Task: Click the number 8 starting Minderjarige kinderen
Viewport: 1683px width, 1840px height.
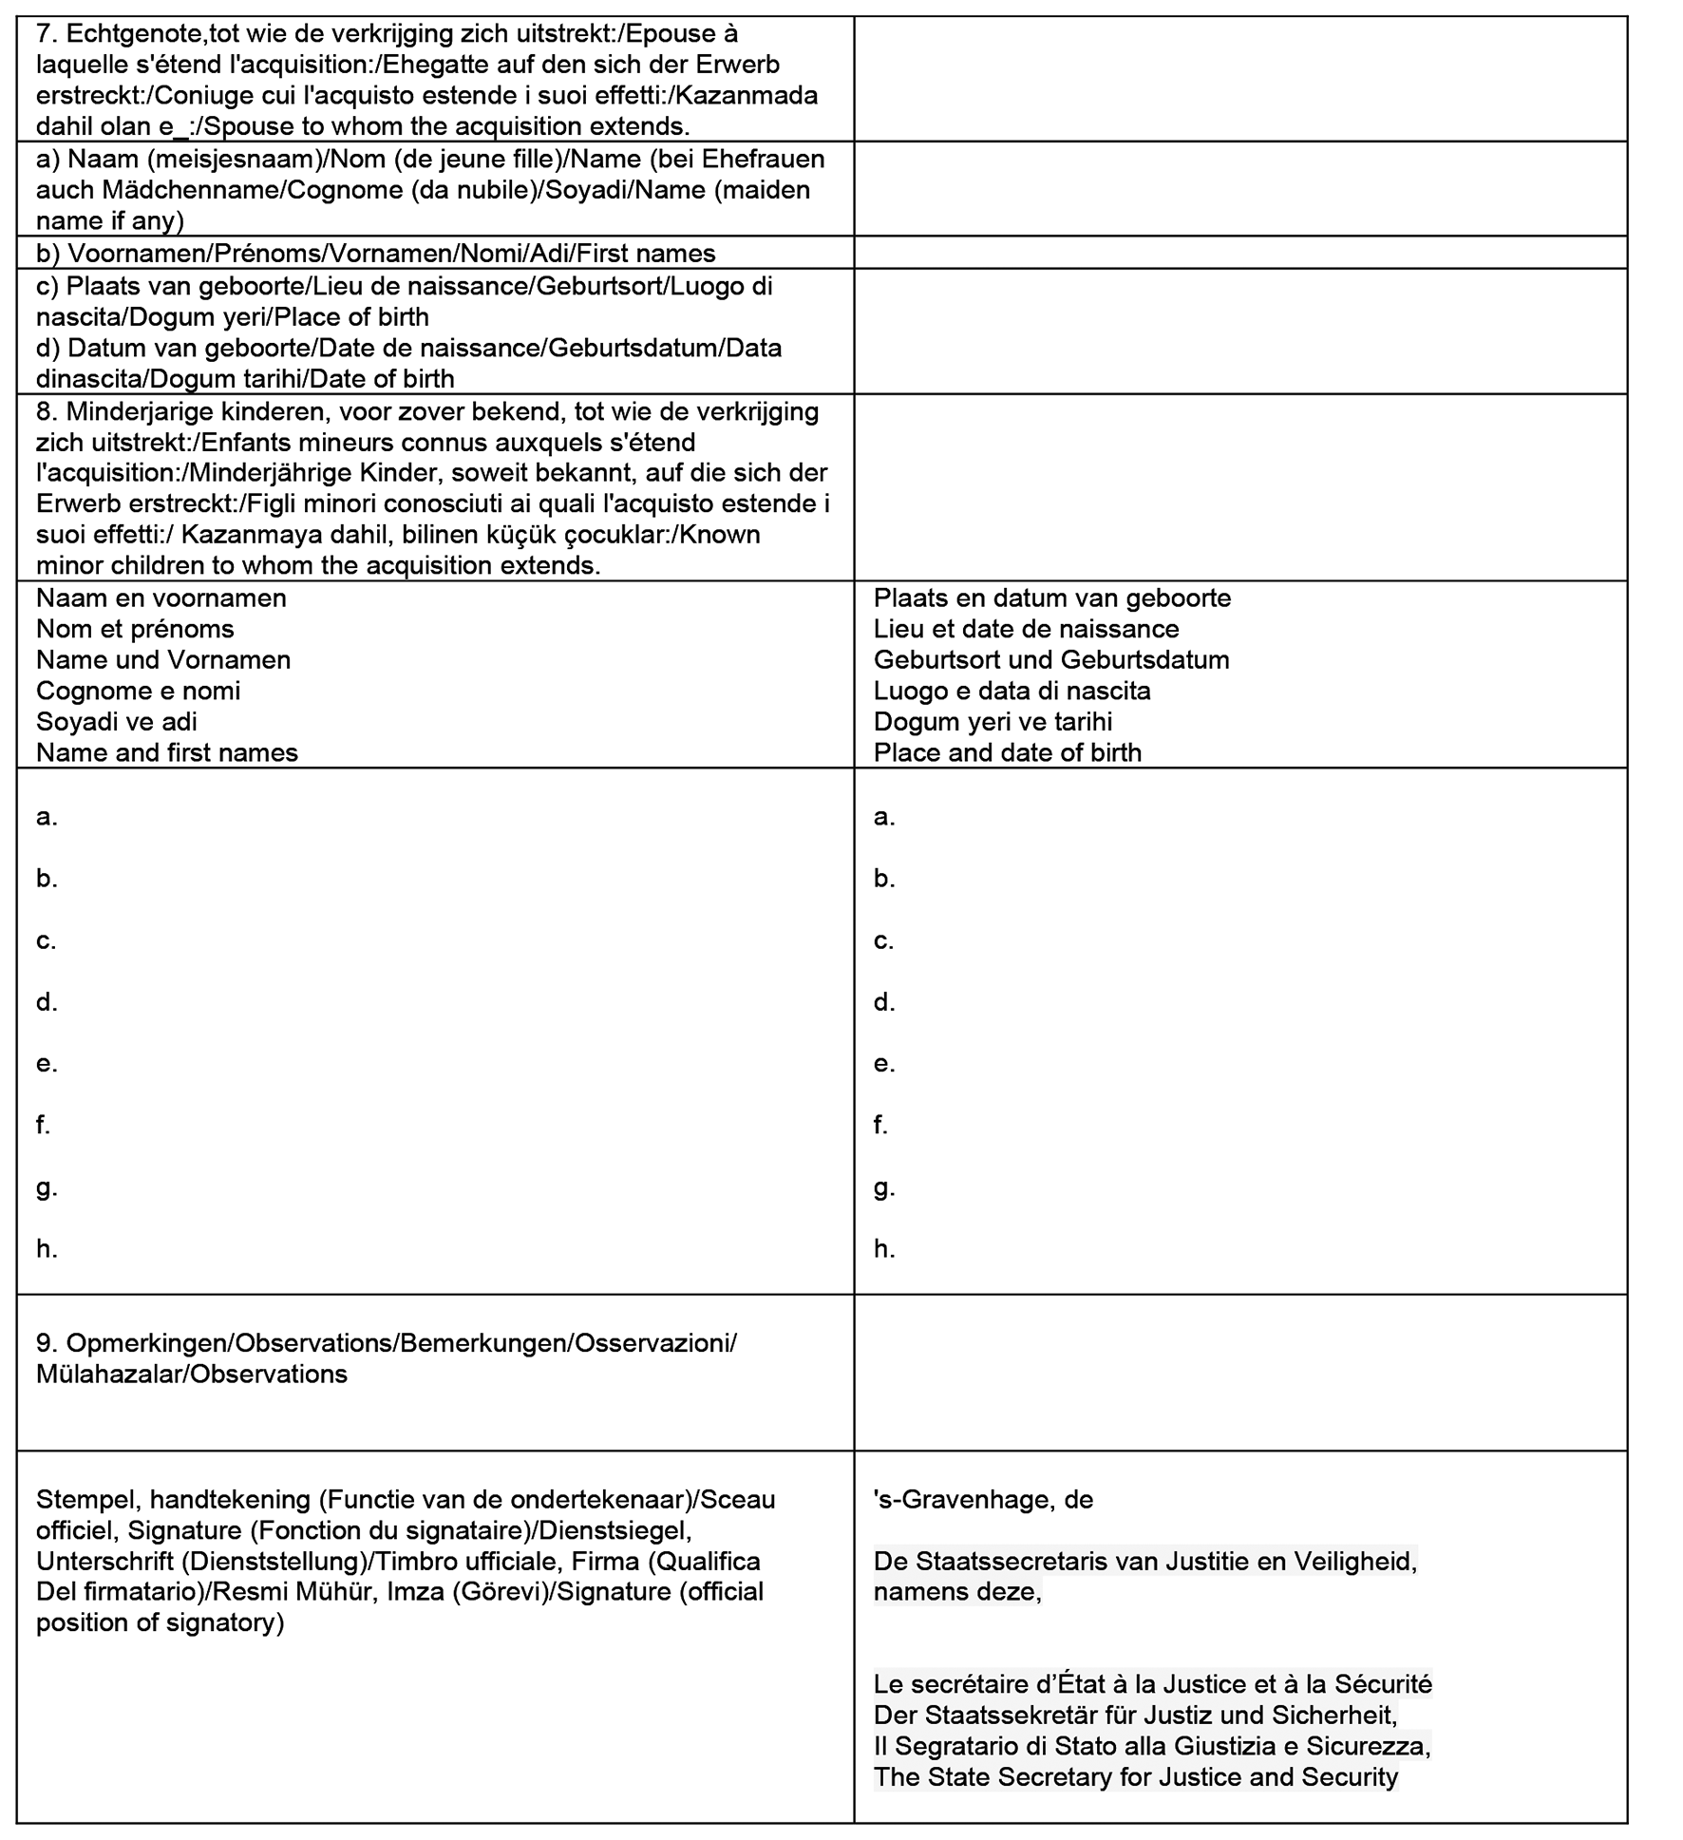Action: [x=44, y=412]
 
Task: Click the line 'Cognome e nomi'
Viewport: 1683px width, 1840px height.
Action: [x=138, y=691]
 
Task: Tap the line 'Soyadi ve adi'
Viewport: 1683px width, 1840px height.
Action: [x=117, y=722]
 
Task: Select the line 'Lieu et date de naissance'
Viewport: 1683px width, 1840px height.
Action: [x=1026, y=629]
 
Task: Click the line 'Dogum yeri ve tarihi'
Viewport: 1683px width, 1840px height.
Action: [x=993, y=722]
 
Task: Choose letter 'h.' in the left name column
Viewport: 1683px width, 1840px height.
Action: [x=47, y=1249]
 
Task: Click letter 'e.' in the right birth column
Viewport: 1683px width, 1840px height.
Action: [x=884, y=1064]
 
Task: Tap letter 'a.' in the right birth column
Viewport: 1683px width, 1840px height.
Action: [x=884, y=817]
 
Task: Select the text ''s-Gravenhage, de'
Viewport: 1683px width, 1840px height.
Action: [x=983, y=1500]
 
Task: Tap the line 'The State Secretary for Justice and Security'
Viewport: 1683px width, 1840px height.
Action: [x=1136, y=1777]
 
